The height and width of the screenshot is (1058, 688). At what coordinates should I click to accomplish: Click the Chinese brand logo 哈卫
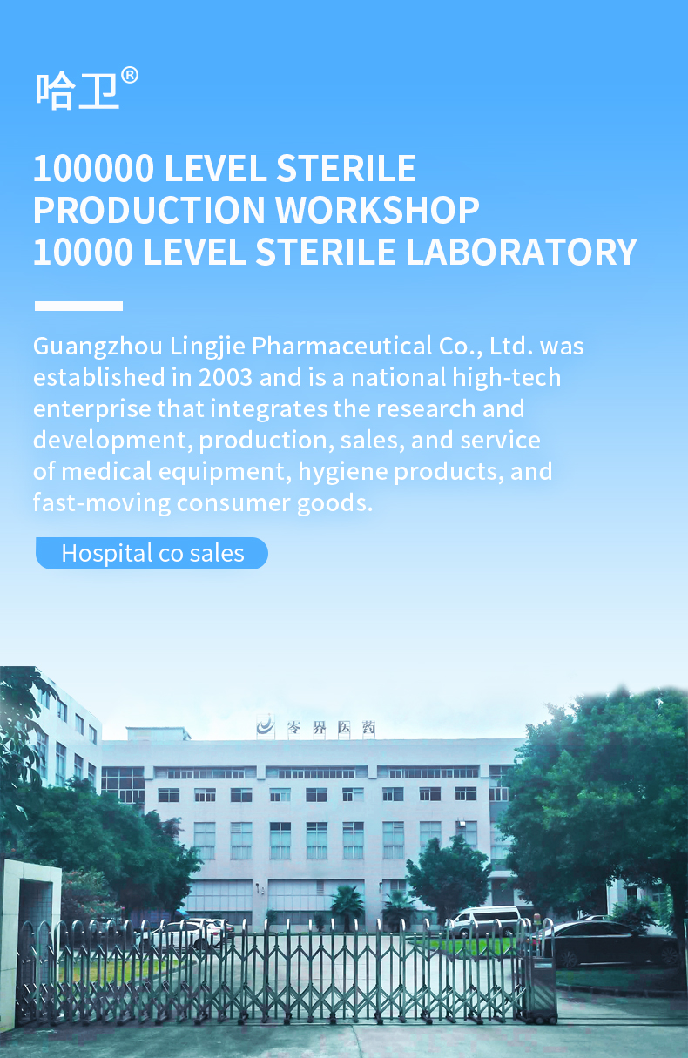[77, 91]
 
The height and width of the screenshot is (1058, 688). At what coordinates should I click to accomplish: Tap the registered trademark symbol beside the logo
[130, 76]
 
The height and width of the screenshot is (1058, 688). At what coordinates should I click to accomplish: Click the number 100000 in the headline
[93, 169]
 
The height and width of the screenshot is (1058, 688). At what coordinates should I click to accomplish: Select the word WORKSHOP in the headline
[377, 210]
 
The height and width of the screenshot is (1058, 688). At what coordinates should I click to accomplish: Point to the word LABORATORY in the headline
[521, 252]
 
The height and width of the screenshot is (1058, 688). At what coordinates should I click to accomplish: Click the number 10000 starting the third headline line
[83, 252]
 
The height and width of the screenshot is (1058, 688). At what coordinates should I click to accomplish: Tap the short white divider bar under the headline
[78, 306]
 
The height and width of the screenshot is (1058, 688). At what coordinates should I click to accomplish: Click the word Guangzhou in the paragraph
[98, 347]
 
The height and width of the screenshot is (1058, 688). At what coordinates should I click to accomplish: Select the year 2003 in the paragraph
[226, 377]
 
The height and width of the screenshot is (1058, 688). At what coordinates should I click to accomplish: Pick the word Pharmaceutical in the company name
[341, 346]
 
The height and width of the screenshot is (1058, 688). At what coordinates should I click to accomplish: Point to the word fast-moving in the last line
[102, 502]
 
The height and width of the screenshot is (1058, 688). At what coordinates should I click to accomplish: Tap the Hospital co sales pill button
[152, 553]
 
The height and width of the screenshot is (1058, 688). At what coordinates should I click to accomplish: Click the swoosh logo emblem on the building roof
[266, 725]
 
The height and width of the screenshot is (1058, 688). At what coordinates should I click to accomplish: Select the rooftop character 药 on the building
[368, 728]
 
